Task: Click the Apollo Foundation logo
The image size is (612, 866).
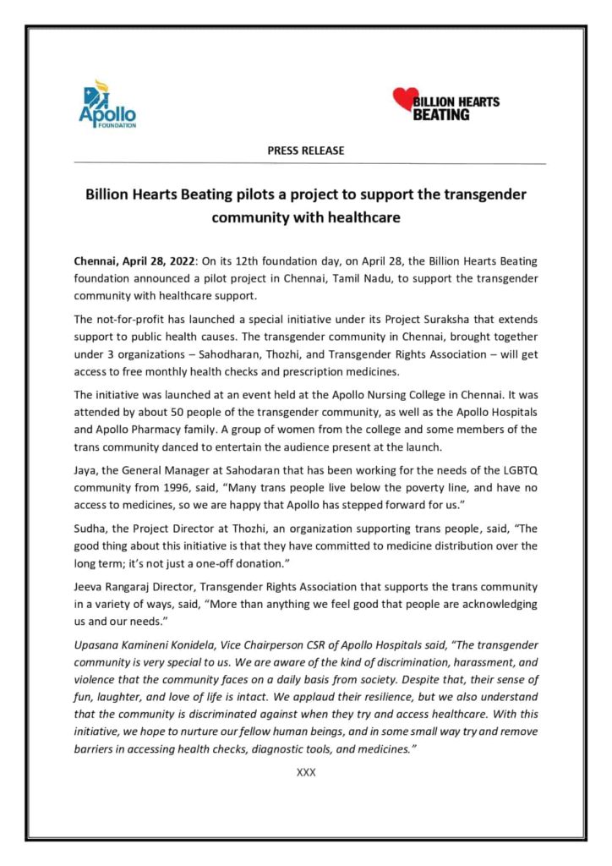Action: pyautogui.click(x=107, y=104)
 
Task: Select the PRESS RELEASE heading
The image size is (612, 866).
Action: pyautogui.click(x=306, y=151)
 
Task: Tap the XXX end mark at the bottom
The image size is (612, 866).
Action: pyautogui.click(x=306, y=772)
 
